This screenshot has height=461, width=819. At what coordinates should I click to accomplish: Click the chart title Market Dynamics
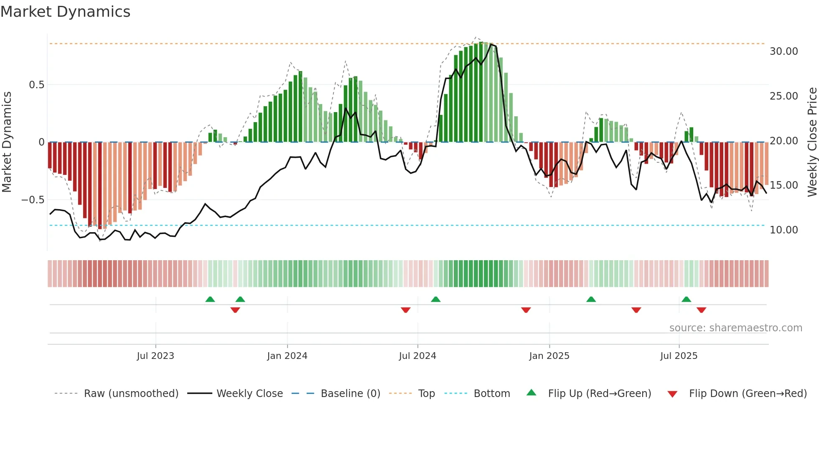pyautogui.click(x=65, y=12)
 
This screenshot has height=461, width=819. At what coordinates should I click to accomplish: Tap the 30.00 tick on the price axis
pyautogui.click(x=783, y=51)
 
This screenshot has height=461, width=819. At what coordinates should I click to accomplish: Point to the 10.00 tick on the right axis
pyautogui.click(x=783, y=230)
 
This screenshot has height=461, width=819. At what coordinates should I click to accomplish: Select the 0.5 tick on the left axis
pyautogui.click(x=36, y=85)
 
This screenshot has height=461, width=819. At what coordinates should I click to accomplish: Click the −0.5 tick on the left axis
pyautogui.click(x=33, y=200)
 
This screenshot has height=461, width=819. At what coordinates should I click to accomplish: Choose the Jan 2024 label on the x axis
pyautogui.click(x=287, y=356)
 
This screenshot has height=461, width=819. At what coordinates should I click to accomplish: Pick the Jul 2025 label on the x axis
pyautogui.click(x=679, y=356)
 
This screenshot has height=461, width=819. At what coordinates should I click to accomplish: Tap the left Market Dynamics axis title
pyautogui.click(x=7, y=142)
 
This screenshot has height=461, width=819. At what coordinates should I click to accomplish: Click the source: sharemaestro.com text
pyautogui.click(x=735, y=328)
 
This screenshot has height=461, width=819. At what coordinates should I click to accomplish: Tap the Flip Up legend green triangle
pyautogui.click(x=531, y=392)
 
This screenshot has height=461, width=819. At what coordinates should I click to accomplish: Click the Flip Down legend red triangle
pyautogui.click(x=672, y=394)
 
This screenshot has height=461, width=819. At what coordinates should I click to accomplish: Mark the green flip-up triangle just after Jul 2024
pyautogui.click(x=435, y=299)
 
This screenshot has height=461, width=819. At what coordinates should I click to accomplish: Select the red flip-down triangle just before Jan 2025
pyautogui.click(x=526, y=310)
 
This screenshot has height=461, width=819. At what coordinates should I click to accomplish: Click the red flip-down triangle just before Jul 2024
pyautogui.click(x=405, y=310)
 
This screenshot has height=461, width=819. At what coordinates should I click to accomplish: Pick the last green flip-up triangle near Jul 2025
pyautogui.click(x=686, y=299)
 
